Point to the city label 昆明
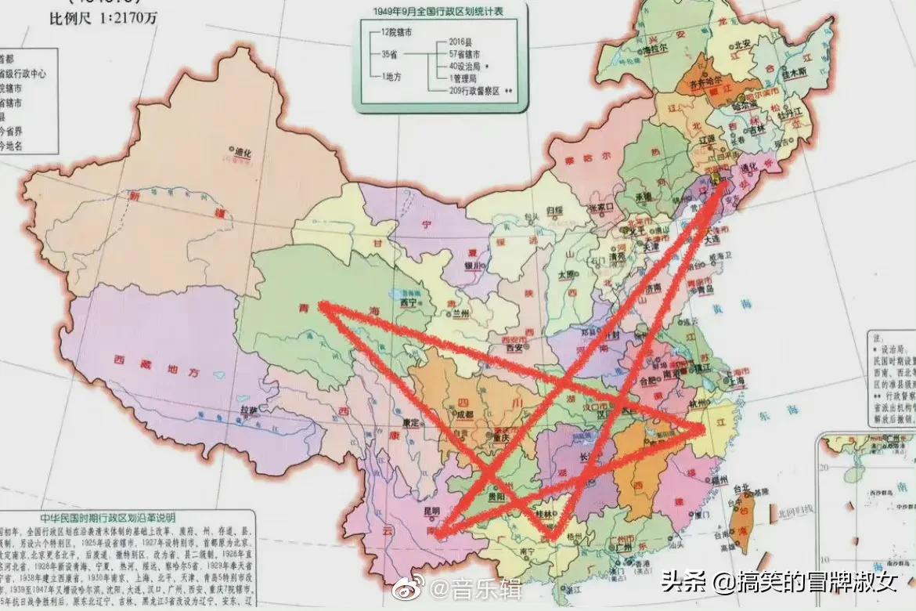coord(431,512)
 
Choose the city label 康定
coord(412,423)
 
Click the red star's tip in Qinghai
coord(319,307)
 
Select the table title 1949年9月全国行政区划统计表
coord(440,11)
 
